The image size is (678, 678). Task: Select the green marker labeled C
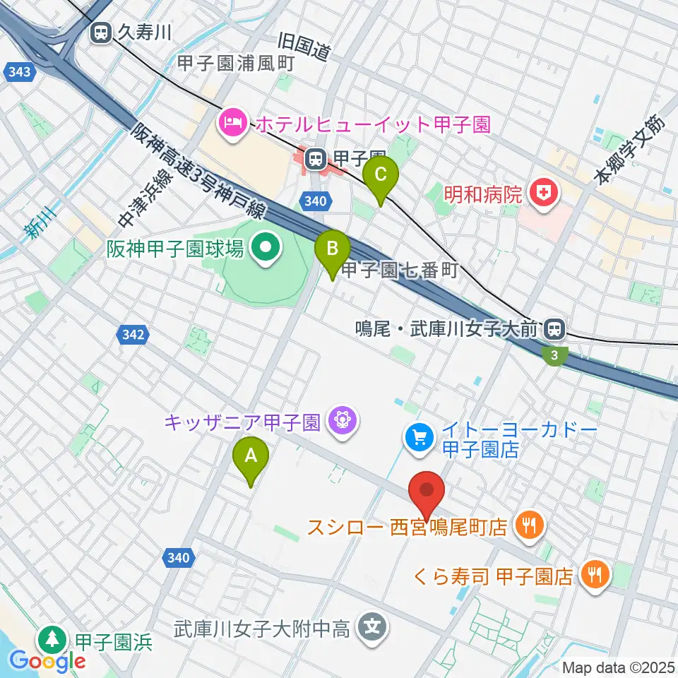click(381, 174)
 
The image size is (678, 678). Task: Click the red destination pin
click(427, 492)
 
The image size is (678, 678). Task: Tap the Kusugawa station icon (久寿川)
click(101, 32)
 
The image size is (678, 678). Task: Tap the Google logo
click(48, 661)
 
